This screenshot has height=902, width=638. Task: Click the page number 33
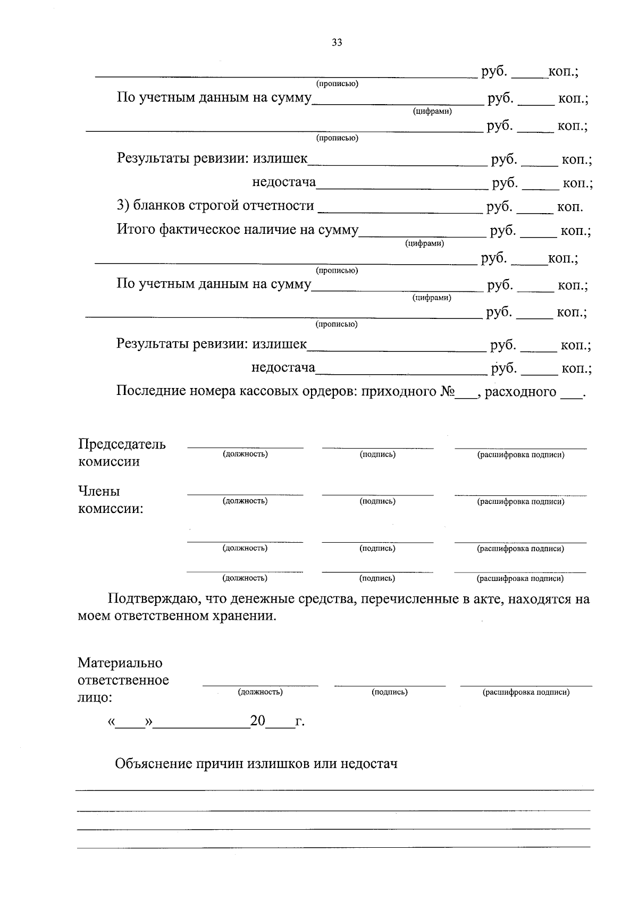click(x=337, y=43)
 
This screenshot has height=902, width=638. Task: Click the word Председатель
click(x=122, y=444)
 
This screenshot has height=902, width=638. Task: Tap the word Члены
click(x=99, y=491)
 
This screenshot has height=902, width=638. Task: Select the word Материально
click(x=120, y=663)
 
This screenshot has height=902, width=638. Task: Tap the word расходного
click(x=521, y=392)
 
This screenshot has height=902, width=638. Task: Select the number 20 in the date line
click(x=257, y=721)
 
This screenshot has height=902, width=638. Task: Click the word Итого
click(x=136, y=229)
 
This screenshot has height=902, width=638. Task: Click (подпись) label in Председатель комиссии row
click(x=377, y=454)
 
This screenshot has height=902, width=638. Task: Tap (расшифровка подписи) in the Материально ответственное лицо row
click(x=526, y=692)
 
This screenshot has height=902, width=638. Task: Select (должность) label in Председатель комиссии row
click(x=245, y=454)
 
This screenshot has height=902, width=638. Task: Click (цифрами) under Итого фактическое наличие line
click(x=424, y=243)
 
